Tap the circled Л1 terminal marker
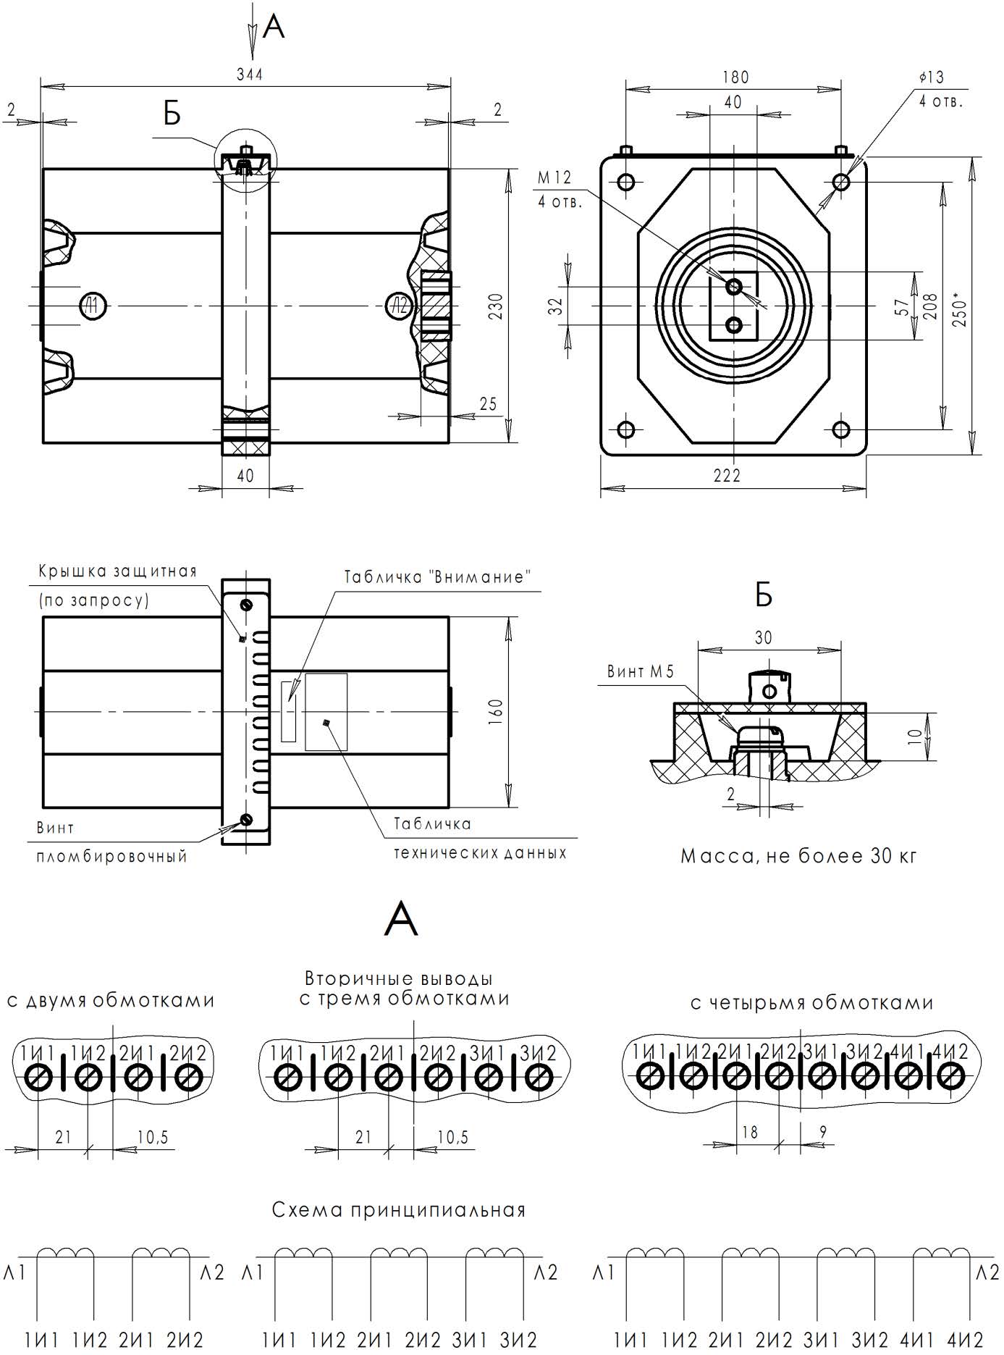click(x=93, y=306)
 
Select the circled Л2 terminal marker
click(x=399, y=306)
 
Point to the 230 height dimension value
click(x=495, y=306)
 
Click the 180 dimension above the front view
click(x=735, y=77)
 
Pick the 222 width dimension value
click(x=727, y=475)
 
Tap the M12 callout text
click(x=554, y=177)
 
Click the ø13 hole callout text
click(x=931, y=77)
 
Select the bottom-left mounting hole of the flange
click(x=626, y=430)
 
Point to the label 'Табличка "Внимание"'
click(x=439, y=577)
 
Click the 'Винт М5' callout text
click(x=641, y=671)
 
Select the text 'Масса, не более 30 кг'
click(x=798, y=856)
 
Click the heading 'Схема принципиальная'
click(x=399, y=1210)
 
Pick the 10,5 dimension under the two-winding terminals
click(x=152, y=1138)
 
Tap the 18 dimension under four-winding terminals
click(x=751, y=1131)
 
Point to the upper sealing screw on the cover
click(x=247, y=605)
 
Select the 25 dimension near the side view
click(x=489, y=403)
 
